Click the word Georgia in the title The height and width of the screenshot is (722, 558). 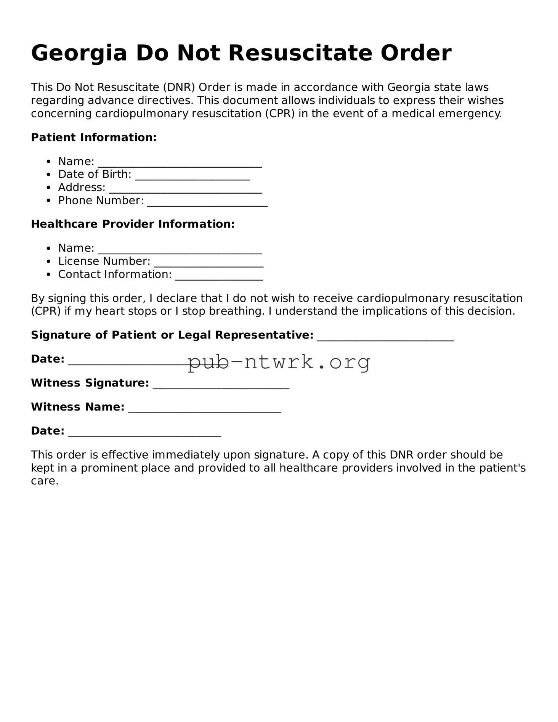[x=79, y=53]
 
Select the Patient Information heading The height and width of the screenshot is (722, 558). [x=94, y=137]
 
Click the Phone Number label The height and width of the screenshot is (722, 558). [x=101, y=201]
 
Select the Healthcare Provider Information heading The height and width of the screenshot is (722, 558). [x=133, y=224]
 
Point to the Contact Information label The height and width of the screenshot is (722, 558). [x=115, y=274]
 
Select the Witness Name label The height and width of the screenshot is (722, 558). [x=78, y=407]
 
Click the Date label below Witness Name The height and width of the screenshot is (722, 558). [x=48, y=431]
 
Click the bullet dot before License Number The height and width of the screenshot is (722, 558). [x=48, y=262]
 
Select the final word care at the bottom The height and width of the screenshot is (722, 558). [x=44, y=481]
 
